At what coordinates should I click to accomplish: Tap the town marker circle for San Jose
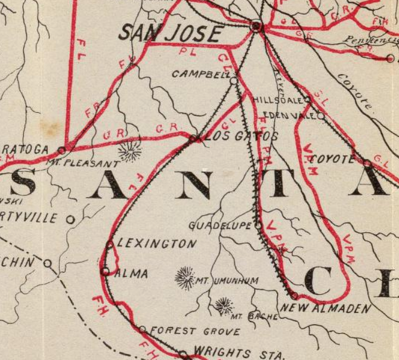(256, 26)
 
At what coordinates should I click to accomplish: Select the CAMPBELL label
(200, 75)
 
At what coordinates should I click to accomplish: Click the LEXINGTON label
(157, 244)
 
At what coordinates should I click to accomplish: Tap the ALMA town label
(132, 273)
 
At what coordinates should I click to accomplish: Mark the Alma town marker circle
(106, 271)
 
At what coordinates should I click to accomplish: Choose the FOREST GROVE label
(195, 331)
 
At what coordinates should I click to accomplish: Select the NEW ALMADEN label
(326, 309)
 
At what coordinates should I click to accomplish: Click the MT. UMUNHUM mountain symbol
(185, 278)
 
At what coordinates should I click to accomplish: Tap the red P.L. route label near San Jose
(185, 53)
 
